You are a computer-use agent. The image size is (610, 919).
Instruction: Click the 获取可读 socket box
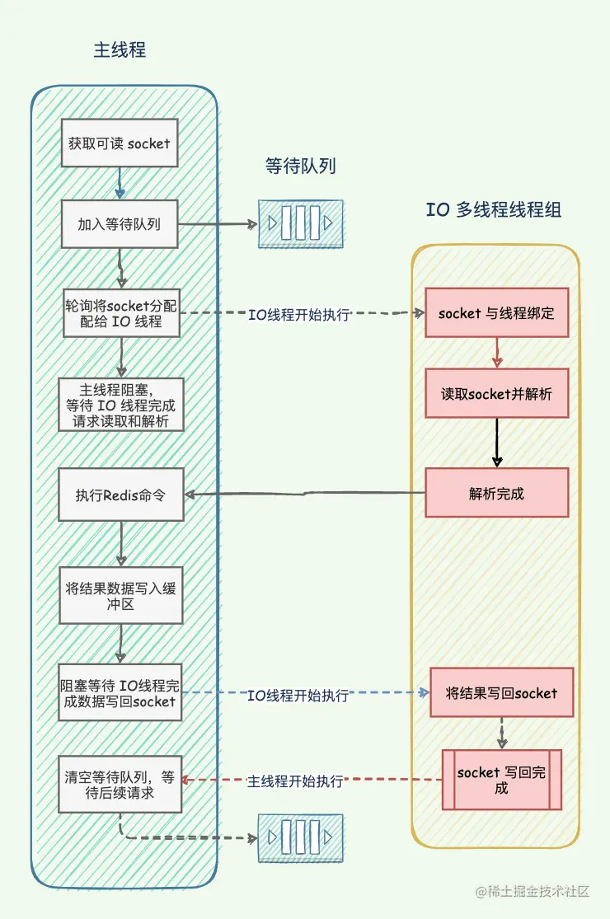pos(120,143)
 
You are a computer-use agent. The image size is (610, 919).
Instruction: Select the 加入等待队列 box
pos(120,223)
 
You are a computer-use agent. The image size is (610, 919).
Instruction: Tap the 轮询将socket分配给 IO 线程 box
pos(121,312)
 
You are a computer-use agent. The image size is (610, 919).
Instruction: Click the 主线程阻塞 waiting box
pos(121,405)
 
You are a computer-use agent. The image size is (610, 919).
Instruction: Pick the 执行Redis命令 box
pos(121,495)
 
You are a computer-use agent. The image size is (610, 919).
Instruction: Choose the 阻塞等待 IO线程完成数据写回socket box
pos(120,692)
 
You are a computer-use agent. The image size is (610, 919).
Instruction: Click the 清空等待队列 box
pos(120,785)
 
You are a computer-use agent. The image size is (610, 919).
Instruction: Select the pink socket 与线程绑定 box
pos(496,312)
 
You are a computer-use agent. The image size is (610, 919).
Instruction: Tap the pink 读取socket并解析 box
pos(496,393)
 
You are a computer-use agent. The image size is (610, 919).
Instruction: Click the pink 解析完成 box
pos(496,493)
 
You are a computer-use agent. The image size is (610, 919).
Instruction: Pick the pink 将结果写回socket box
pos(501,693)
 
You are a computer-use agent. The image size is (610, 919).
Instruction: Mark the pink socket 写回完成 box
pos(501,780)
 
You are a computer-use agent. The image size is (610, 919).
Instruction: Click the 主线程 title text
pos(120,49)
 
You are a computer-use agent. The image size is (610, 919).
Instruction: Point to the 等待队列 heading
pos(301,166)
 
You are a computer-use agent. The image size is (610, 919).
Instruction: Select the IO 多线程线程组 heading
pos(494,209)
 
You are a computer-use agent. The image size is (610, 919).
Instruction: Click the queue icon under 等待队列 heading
pos(301,223)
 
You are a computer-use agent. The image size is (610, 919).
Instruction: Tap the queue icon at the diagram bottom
pos(301,838)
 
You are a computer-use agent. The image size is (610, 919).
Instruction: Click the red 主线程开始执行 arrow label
pos(295,781)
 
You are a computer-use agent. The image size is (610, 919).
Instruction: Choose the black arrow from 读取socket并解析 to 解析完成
pos(496,443)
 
